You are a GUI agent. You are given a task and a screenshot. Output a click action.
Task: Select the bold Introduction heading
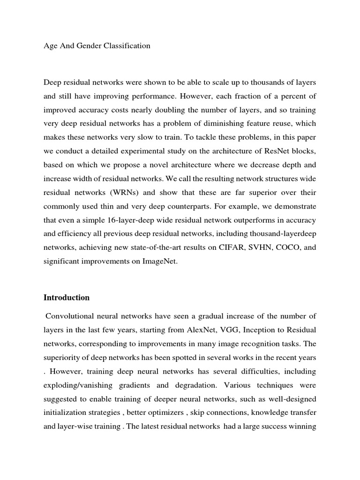coord(67,298)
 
